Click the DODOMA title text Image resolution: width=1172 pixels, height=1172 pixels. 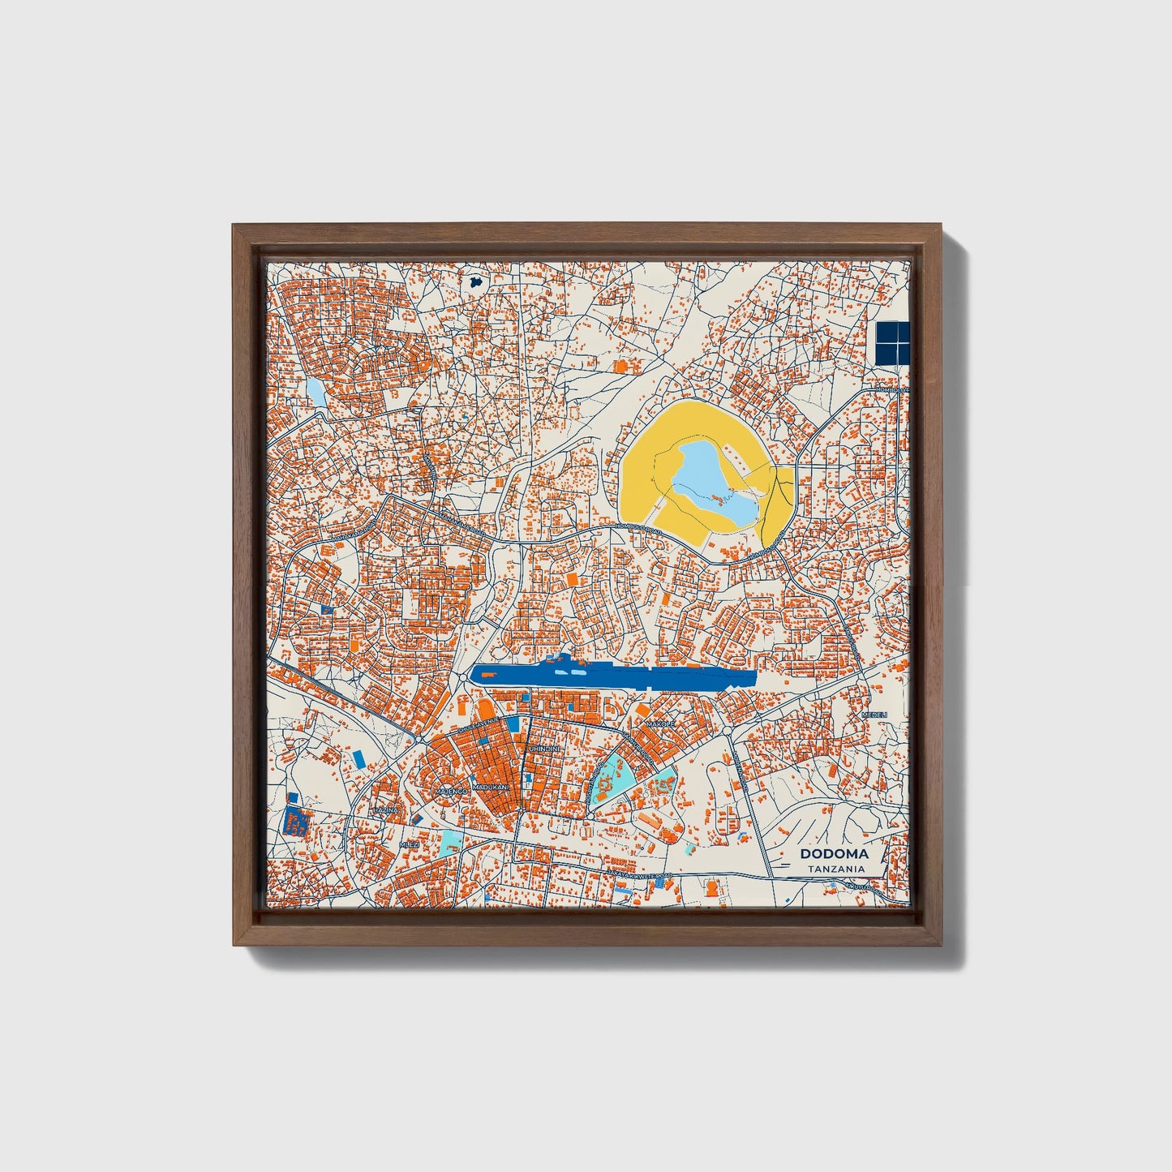pos(834,853)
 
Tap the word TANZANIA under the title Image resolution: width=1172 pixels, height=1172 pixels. pos(835,869)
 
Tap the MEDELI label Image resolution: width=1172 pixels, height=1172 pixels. pos(874,715)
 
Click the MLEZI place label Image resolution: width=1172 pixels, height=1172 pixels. pos(410,844)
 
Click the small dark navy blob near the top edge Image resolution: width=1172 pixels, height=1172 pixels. pos(476,282)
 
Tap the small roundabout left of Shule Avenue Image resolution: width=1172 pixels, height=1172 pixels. pos(422,740)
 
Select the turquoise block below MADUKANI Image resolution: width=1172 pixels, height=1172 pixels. pos(451,840)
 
